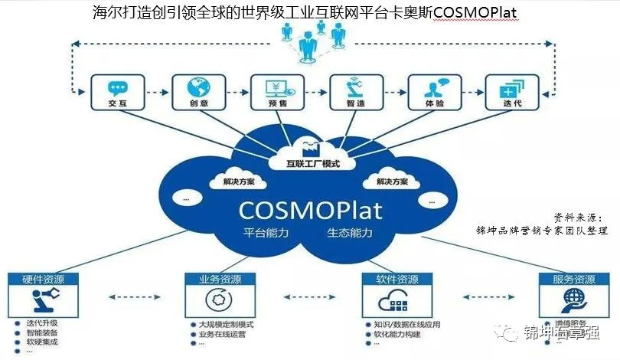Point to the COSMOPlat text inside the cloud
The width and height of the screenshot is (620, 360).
click(x=309, y=208)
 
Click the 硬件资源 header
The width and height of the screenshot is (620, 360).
click(x=38, y=279)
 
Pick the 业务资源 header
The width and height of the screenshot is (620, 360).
click(x=216, y=279)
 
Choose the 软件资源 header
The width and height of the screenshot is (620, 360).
click(x=397, y=279)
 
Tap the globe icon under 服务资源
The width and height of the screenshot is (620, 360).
click(x=571, y=299)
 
